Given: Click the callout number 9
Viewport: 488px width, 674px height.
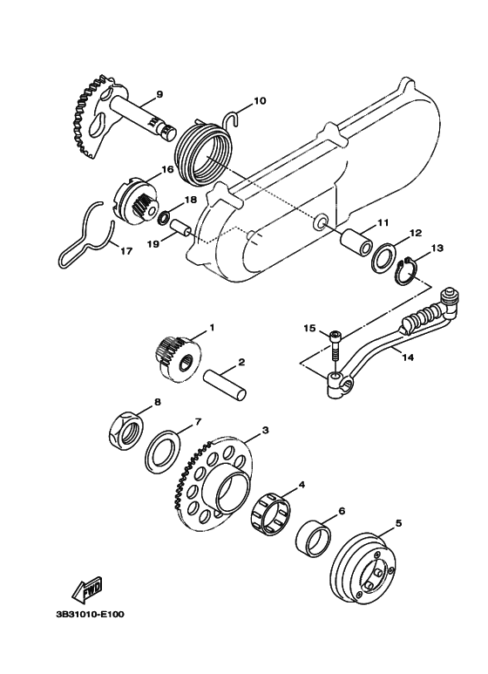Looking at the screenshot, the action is [159, 95].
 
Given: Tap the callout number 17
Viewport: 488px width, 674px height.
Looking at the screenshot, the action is [125, 250].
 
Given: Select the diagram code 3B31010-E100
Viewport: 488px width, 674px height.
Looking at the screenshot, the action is [90, 614].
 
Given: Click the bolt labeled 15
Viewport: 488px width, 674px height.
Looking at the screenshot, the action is [335, 346].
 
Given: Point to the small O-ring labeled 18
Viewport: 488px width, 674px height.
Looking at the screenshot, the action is [164, 219].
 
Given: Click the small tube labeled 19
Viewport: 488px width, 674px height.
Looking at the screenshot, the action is [181, 228].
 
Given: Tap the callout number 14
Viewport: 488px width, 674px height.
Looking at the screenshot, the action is [408, 357].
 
